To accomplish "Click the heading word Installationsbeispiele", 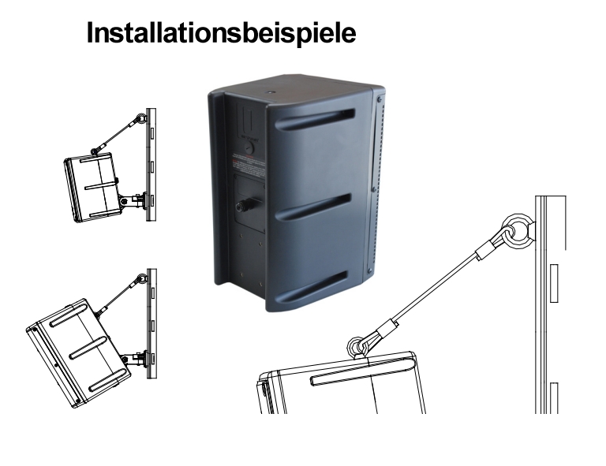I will pyautogui.click(x=222, y=32).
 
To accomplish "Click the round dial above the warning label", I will pyautogui.click(x=249, y=145).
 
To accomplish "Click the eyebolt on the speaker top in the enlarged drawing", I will pyautogui.click(x=358, y=345).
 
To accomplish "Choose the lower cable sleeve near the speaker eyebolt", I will pyautogui.click(x=387, y=326).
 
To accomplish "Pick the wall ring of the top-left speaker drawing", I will pyautogui.click(x=140, y=118).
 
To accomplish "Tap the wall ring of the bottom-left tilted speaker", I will pyautogui.click(x=142, y=278).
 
